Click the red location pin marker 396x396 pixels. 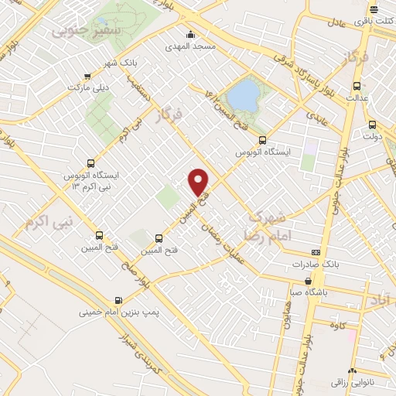tap(199, 181)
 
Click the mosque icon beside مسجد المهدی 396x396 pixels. tap(191, 34)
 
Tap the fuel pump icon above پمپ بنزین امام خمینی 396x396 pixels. tap(118, 301)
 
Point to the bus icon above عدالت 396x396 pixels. tap(357, 86)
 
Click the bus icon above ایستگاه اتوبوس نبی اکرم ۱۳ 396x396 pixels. tap(91, 163)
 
